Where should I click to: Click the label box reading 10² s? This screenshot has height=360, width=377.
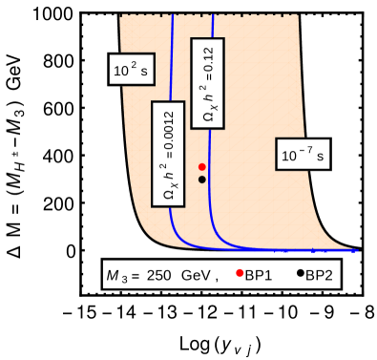click(131, 70)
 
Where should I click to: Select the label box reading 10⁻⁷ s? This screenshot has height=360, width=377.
click(303, 154)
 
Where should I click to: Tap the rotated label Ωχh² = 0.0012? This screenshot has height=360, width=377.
click(169, 153)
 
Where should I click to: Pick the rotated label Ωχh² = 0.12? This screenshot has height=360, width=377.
click(208, 82)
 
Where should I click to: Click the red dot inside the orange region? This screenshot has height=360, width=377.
click(202, 167)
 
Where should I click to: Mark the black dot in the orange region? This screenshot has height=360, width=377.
click(202, 180)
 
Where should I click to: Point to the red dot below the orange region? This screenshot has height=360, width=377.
click(240, 273)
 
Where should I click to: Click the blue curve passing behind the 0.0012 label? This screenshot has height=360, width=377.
click(172, 57)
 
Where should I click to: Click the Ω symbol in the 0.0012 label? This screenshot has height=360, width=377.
click(168, 195)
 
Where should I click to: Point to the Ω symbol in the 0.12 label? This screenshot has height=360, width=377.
click(208, 116)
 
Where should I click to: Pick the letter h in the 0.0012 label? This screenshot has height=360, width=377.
click(168, 176)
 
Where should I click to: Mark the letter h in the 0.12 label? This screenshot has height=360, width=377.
click(208, 97)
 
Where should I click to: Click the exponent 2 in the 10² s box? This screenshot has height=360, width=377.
click(135, 64)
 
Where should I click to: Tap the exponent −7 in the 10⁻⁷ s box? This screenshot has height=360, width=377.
click(304, 148)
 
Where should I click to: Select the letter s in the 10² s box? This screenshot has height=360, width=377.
click(145, 71)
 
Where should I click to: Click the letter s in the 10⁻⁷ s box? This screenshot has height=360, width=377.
click(320, 155)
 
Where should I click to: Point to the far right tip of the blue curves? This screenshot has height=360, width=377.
click(356, 251)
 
